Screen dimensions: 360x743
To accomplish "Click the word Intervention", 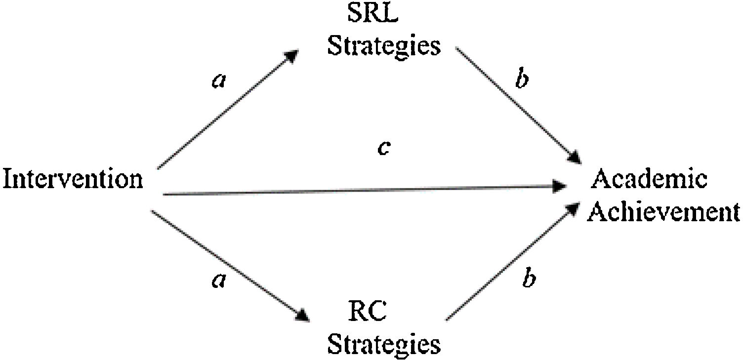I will (73, 179).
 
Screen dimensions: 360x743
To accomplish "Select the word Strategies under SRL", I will (384, 45).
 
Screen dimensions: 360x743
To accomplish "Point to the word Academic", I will (649, 179).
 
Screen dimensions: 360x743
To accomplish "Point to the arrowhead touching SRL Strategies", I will (291, 55).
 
